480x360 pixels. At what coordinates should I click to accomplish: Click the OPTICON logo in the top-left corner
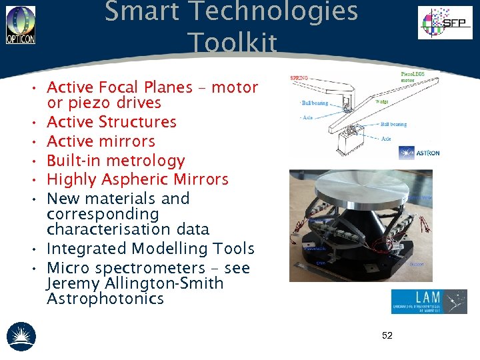21,25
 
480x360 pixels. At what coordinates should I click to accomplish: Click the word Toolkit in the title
232,43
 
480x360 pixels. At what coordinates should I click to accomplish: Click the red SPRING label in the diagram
299,78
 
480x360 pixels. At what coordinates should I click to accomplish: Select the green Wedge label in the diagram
382,102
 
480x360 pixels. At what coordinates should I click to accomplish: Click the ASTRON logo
419,153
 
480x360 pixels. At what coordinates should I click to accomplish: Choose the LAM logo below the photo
429,301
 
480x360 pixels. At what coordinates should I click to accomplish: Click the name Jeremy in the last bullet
69,284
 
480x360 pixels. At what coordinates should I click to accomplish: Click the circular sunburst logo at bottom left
21,336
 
